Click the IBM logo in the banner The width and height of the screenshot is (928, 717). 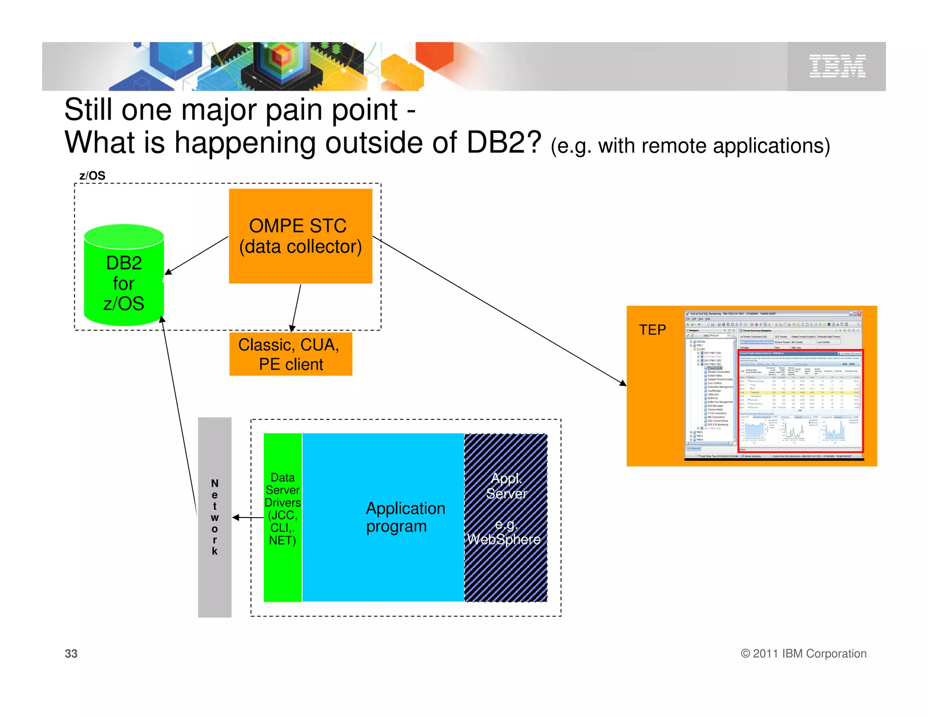click(837, 66)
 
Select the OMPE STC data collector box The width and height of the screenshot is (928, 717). click(300, 236)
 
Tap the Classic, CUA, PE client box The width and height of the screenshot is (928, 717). click(290, 354)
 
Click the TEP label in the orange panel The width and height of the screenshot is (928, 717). click(652, 329)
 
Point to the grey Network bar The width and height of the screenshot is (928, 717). click(214, 517)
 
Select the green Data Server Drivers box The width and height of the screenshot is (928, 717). click(282, 517)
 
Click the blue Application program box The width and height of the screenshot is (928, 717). click(383, 517)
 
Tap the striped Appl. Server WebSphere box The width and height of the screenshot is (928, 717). click(506, 517)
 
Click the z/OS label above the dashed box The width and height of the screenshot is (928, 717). click(92, 175)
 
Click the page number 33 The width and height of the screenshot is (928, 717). click(71, 654)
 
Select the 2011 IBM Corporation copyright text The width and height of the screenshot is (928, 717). click(803, 654)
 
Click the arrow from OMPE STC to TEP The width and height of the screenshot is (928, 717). click(498, 310)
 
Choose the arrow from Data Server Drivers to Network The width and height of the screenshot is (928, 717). click(248, 517)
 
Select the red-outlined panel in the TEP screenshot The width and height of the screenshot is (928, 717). click(801, 401)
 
